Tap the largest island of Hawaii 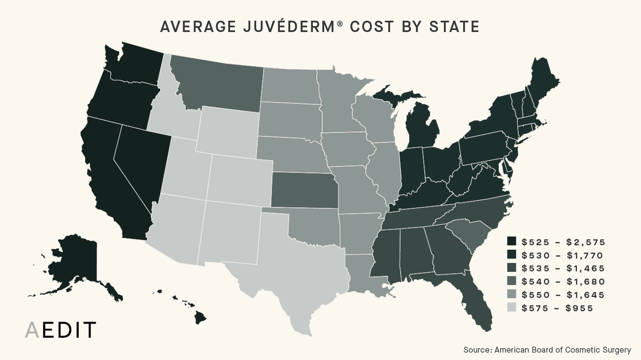pos(200,317)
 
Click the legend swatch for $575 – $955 pos(512,308)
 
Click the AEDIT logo pos(60,330)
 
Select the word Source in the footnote pos(477,350)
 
